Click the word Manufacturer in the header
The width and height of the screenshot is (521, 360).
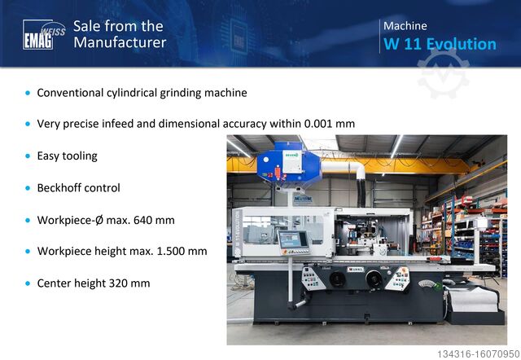click(120, 42)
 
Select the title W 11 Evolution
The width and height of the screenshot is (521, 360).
click(440, 44)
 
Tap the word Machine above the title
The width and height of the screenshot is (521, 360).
click(405, 26)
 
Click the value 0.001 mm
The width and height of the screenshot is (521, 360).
click(329, 124)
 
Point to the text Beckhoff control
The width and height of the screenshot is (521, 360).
click(78, 187)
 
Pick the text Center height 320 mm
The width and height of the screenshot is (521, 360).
click(93, 283)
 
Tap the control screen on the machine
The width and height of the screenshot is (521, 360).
click(291, 239)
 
